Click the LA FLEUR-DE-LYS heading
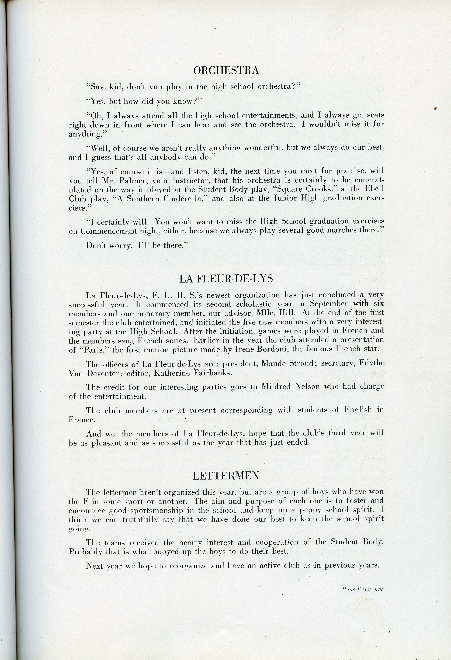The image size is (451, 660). (226, 279)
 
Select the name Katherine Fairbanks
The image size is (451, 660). (193, 373)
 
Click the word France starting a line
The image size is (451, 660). (82, 420)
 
